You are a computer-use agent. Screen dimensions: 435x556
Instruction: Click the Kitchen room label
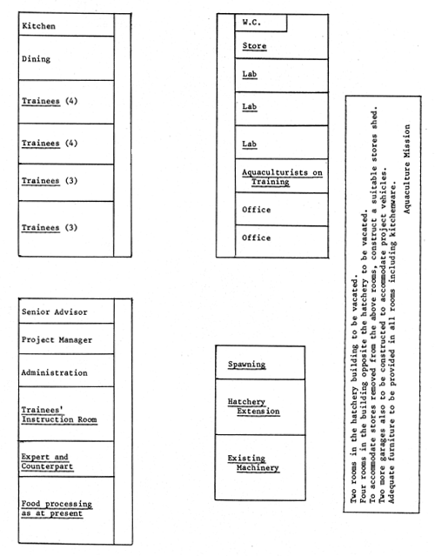pyautogui.click(x=39, y=26)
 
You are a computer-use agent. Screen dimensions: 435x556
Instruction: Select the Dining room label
pyautogui.click(x=37, y=59)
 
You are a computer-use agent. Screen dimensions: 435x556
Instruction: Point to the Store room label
pyautogui.click(x=254, y=45)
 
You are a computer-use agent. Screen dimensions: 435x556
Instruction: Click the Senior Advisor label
pyautogui.click(x=54, y=311)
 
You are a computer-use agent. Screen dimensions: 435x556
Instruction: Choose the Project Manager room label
pyautogui.click(x=57, y=340)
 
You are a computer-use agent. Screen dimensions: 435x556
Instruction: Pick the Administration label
pyautogui.click(x=54, y=372)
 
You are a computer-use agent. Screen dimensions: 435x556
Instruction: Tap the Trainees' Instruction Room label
pyautogui.click(x=59, y=414)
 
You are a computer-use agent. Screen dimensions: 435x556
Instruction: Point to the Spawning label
pyautogui.click(x=247, y=365)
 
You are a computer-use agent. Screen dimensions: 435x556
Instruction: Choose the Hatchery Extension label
pyautogui.click(x=251, y=406)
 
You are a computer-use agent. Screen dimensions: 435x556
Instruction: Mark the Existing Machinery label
pyautogui.click(x=253, y=463)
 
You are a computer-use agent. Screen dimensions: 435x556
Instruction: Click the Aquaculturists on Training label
pyautogui.click(x=282, y=178)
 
